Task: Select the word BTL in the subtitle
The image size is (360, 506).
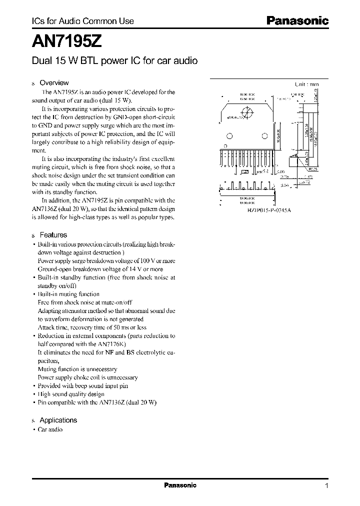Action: [87, 60]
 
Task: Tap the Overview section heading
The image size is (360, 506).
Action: [53, 82]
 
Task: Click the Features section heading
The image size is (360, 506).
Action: [53, 234]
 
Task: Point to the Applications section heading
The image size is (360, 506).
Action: [58, 420]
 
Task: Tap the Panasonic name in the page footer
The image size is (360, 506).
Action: [180, 485]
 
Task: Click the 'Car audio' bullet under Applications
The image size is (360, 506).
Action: [50, 429]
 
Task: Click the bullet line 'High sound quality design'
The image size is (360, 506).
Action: [71, 394]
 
